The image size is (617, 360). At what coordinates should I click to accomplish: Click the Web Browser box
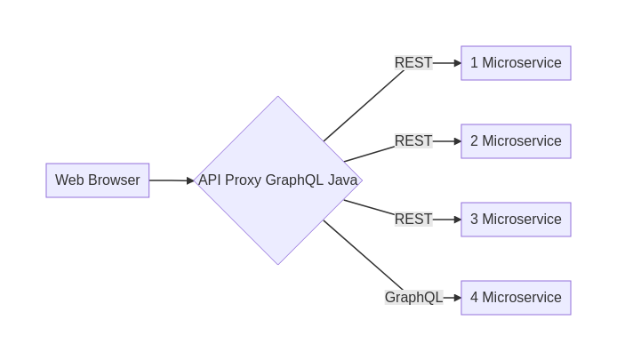pos(98,180)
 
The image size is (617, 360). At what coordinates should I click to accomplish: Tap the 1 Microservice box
pos(516,63)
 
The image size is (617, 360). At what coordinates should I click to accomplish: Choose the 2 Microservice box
pos(516,141)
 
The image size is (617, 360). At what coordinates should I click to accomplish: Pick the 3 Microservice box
pos(516,220)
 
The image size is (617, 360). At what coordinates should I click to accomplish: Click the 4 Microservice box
pos(516,298)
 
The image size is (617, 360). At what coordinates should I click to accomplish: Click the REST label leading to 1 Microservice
pos(413,63)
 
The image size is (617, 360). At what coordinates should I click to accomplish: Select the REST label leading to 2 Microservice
pos(413,141)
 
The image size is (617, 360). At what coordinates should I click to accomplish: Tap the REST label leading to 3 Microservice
pos(413,220)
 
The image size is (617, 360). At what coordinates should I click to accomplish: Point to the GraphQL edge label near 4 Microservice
pos(414,298)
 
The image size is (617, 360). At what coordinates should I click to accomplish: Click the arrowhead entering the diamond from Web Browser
pos(190,180)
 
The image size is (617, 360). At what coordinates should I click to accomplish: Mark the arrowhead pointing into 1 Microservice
pos(457,63)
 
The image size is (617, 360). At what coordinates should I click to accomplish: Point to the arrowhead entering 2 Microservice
pos(457,141)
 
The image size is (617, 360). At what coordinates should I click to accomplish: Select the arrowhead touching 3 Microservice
pos(457,220)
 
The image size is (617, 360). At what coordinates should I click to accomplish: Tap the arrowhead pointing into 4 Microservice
pos(457,298)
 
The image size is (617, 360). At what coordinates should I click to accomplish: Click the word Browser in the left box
pos(114,180)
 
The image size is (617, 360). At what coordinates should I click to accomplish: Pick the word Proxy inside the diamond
pos(244,181)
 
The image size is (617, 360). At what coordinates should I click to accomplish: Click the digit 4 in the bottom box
pos(474,298)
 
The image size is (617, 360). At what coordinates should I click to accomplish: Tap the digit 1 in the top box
pos(474,63)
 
